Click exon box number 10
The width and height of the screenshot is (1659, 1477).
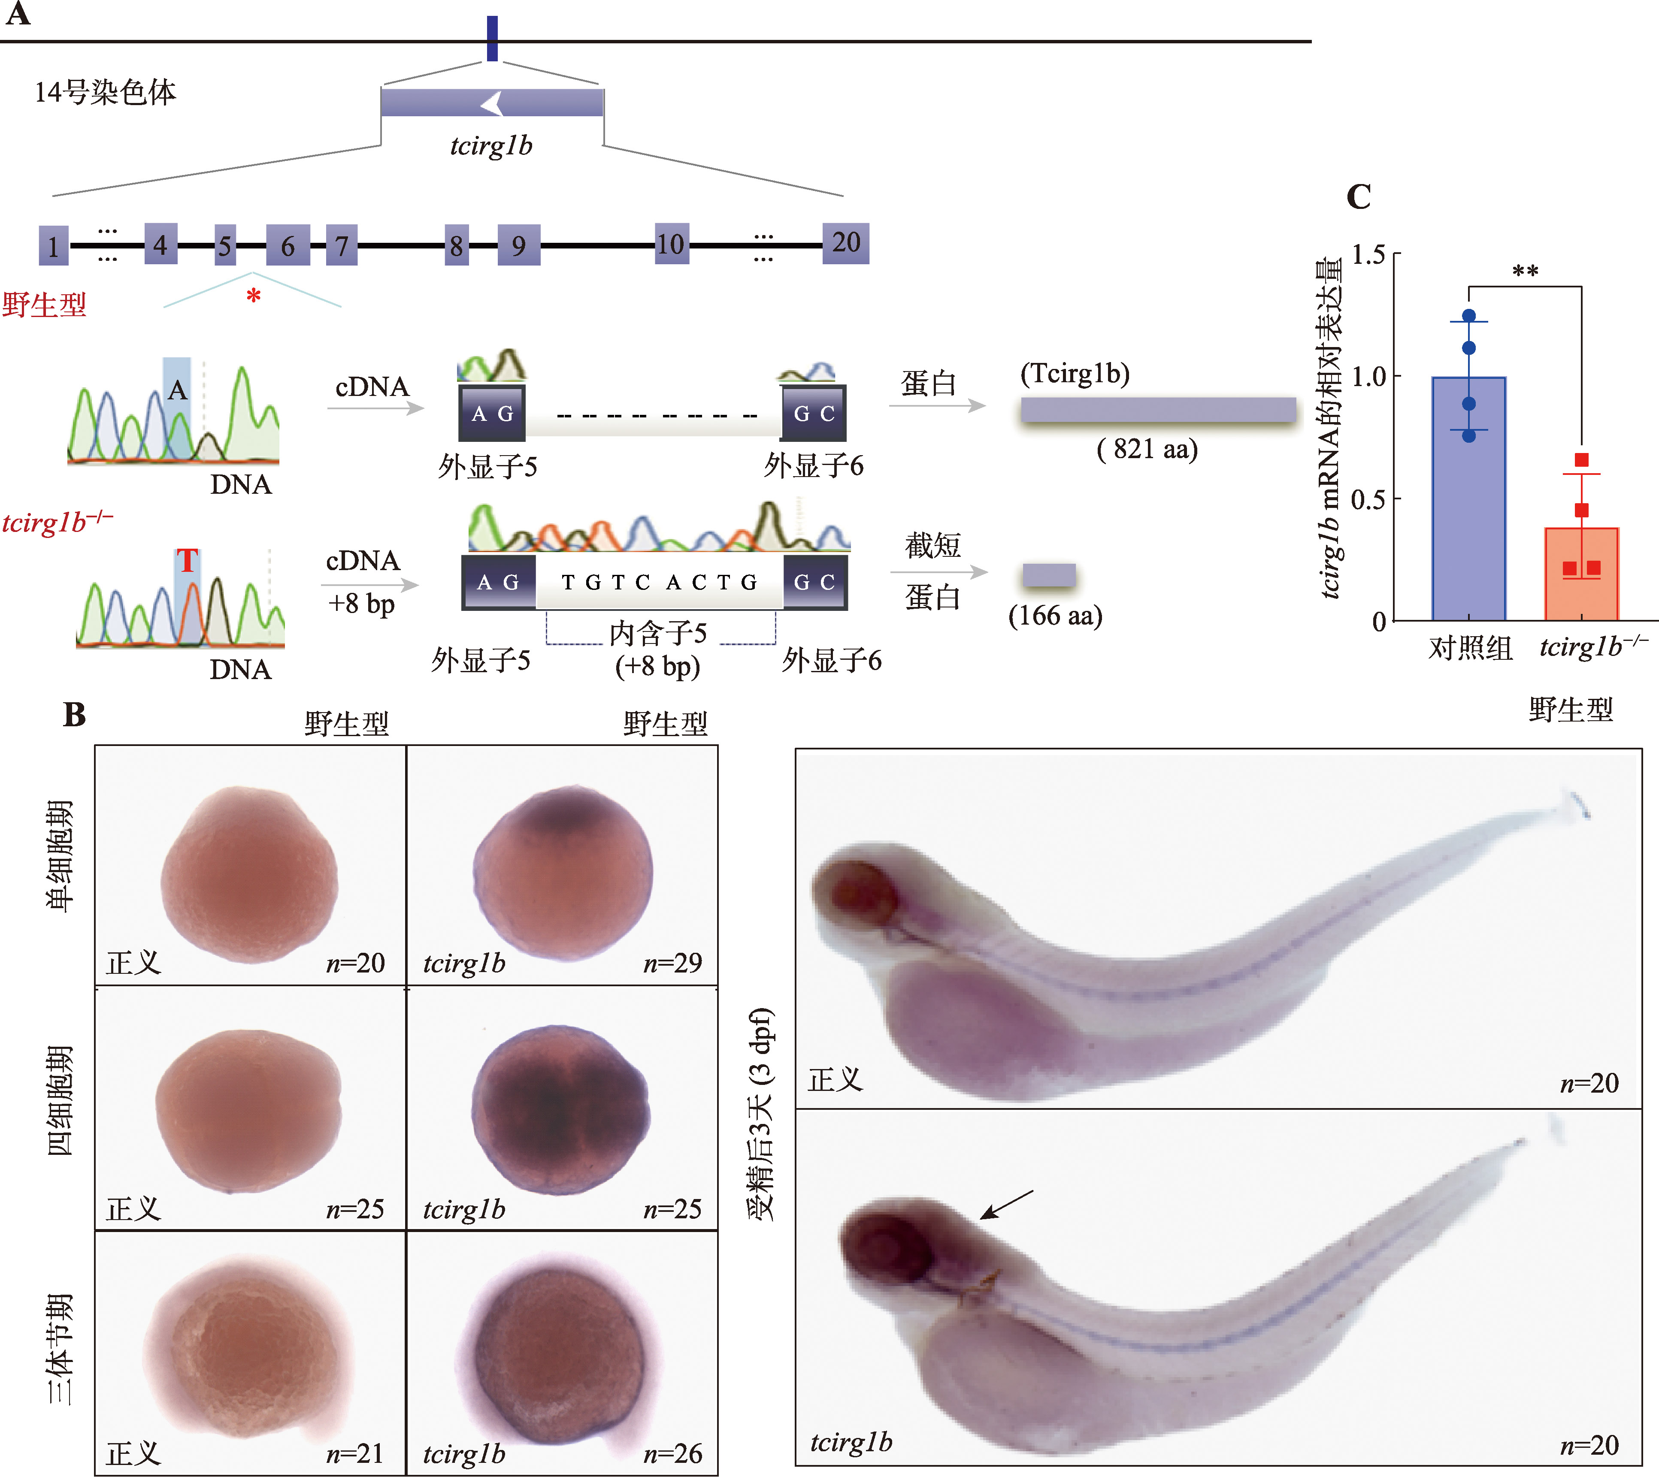[x=671, y=244]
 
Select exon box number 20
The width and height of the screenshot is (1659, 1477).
[x=846, y=243]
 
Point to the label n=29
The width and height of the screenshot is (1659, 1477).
[x=672, y=964]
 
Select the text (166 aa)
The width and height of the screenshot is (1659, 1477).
[x=1055, y=616]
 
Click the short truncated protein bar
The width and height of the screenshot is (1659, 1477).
[x=1049, y=574]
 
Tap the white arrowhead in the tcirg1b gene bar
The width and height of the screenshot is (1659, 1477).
[x=492, y=103]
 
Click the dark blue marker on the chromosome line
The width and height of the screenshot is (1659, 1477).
[x=492, y=38]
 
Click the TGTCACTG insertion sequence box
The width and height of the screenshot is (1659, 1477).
[x=659, y=582]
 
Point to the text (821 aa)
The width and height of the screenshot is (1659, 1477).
[x=1147, y=449]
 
